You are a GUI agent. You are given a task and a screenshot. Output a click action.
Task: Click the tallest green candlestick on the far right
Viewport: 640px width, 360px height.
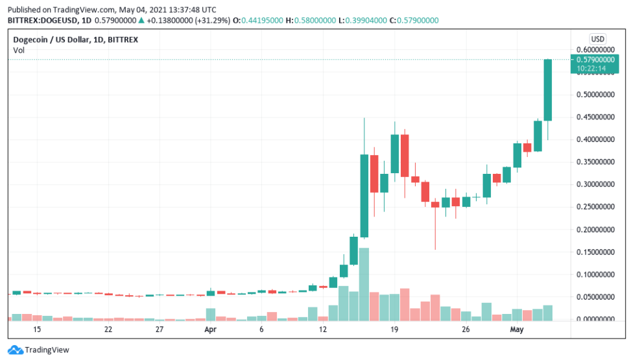[547, 90]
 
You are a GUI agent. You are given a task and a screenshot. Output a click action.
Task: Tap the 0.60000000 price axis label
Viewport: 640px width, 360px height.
[596, 50]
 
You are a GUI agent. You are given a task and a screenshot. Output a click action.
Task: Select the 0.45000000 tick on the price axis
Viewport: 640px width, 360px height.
[596, 117]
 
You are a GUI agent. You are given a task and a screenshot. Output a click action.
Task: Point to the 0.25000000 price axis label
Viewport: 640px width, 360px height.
[596, 207]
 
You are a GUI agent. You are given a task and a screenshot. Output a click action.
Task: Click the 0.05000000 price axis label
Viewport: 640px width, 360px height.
[596, 297]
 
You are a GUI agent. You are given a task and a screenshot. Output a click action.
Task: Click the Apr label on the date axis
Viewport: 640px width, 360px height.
[209, 330]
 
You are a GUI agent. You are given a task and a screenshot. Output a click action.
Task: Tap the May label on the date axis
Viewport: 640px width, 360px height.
[516, 330]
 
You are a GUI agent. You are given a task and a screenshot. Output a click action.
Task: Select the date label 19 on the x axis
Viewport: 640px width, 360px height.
[394, 330]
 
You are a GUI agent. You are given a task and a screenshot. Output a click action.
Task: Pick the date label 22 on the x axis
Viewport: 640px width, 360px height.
[108, 330]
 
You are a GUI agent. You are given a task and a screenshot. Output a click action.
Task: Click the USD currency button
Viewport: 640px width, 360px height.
[597, 38]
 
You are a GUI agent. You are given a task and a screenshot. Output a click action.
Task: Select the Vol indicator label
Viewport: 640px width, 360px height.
[19, 50]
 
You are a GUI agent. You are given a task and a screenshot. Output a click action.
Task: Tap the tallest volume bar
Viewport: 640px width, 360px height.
[364, 284]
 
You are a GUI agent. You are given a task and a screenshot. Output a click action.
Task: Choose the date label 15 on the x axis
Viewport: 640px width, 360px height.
[37, 330]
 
